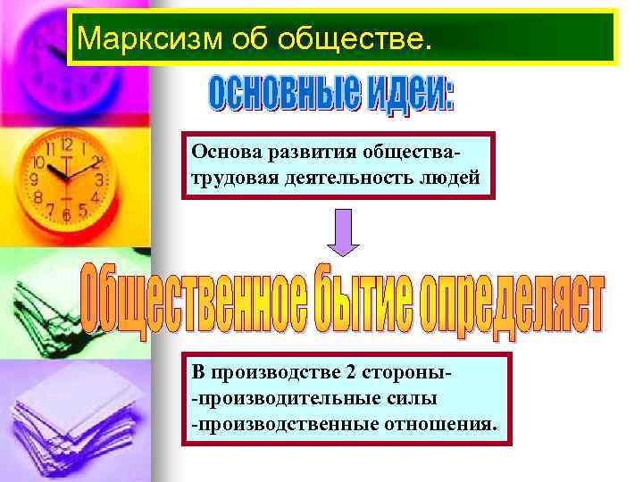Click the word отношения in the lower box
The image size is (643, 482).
click(442, 420)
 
